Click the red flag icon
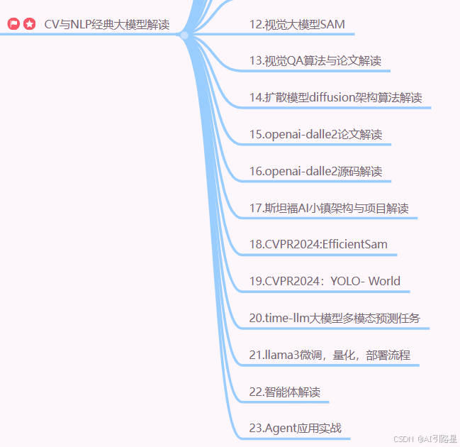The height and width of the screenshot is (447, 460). coord(13,25)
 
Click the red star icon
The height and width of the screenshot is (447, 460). coord(29,25)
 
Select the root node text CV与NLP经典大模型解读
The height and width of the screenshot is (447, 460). coord(106,25)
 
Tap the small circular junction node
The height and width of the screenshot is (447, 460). coord(184,35)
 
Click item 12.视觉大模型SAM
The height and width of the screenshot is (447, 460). coord(297,24)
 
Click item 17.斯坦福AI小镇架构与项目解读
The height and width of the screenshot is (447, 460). coord(329,208)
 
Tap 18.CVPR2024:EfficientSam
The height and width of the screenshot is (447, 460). coord(318,245)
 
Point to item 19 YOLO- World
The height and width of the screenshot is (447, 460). coord(325,281)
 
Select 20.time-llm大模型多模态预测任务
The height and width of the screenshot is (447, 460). coord(335,318)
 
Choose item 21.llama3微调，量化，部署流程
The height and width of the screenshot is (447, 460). coord(330,355)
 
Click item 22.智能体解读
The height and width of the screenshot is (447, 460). coord(285,392)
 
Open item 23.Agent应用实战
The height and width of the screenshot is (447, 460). coord(296,428)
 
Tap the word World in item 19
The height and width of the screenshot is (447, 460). coord(384,281)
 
